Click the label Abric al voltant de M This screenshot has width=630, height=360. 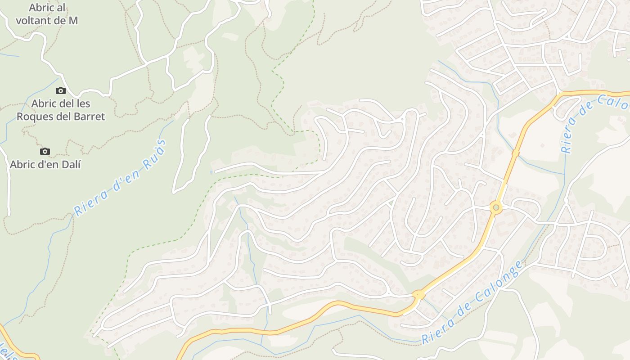click(x=47, y=14)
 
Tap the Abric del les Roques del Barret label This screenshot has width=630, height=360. click(x=61, y=110)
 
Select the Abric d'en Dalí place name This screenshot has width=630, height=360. click(x=45, y=165)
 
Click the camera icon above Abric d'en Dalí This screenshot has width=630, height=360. click(x=45, y=152)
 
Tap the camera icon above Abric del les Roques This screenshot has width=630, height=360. click(x=61, y=91)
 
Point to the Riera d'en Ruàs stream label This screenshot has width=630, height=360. click(x=120, y=177)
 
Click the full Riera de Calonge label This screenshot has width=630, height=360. click(x=472, y=302)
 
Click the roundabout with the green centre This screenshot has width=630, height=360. click(x=496, y=207)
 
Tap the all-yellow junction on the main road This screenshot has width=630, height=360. click(x=418, y=295)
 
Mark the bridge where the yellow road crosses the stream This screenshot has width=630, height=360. click(x=515, y=154)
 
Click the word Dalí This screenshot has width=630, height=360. click(x=71, y=165)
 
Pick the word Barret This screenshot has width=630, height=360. click(x=88, y=117)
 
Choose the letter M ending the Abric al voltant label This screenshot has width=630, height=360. click(x=73, y=21)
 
